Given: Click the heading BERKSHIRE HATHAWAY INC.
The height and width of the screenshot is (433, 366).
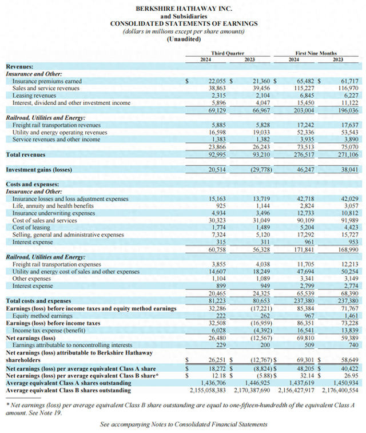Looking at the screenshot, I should (x=183, y=9).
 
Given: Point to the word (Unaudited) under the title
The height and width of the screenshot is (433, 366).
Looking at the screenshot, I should (x=183, y=39).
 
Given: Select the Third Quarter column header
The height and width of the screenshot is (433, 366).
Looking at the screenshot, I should (x=226, y=53).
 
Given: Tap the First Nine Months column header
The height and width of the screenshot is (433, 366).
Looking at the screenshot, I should (x=316, y=53).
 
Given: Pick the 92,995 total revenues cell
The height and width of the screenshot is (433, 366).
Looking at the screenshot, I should (x=217, y=154).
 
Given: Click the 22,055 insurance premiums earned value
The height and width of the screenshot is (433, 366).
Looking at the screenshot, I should (x=217, y=82).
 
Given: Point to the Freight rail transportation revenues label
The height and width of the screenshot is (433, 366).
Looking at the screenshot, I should (x=57, y=125).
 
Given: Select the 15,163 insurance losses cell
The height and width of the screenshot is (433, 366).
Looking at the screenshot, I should (x=218, y=198).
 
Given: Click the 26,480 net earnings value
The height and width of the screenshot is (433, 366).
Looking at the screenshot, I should (x=217, y=337).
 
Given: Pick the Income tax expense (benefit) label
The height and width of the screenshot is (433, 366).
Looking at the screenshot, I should (x=53, y=331).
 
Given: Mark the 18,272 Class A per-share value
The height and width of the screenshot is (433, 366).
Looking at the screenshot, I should (x=217, y=370).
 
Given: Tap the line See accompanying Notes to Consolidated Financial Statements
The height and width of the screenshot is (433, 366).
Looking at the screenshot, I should (x=183, y=424).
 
